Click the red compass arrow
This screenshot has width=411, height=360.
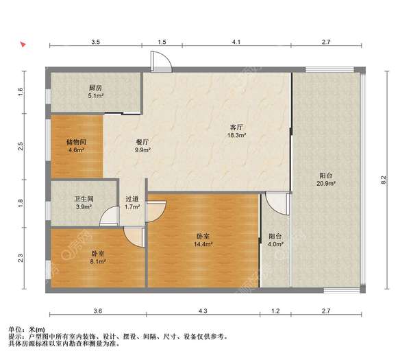pos(23,44)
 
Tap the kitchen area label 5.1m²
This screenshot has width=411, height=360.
pos(96,96)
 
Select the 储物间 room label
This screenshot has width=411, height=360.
pos(76,142)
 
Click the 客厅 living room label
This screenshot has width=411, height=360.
pos(236,128)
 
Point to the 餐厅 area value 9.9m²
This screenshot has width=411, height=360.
pos(142,150)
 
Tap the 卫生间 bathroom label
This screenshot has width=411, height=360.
pos(84,199)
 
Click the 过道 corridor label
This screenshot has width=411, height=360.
pos(132,199)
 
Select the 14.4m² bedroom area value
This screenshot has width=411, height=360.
pos(203,244)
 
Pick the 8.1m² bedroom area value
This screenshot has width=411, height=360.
pos(98,261)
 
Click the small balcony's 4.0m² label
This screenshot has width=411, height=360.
pos(275,244)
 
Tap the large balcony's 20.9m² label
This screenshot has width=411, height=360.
pos(326,183)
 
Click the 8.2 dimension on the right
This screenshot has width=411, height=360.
pos(383,180)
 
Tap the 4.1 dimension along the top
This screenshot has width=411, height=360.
pos(236,42)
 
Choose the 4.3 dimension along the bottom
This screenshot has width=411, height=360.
pos(203,311)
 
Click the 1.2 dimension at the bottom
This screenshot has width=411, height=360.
pos(275,311)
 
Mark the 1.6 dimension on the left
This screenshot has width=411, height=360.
pos(21,92)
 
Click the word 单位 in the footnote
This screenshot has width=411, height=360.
pos(16,329)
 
